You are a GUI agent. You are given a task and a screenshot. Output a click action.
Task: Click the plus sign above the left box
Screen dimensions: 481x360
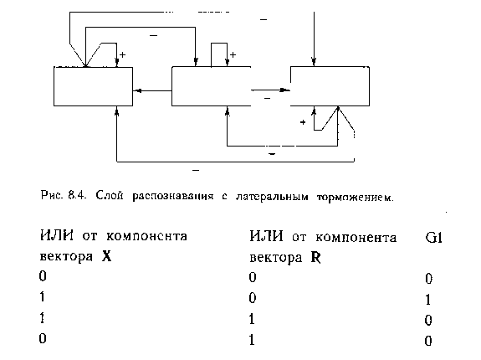tap(122, 55)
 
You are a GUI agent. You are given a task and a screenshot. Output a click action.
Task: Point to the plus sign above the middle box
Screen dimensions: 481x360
tap(233, 55)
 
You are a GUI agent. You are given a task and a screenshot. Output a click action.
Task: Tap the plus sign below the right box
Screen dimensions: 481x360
tap(303, 122)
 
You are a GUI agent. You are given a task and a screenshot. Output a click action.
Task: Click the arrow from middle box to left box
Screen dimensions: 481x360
tap(152, 91)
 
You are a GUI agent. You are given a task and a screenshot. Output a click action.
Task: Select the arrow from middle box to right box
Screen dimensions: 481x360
tap(270, 90)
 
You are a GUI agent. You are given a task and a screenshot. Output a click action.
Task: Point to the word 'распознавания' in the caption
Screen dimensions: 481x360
tap(172, 197)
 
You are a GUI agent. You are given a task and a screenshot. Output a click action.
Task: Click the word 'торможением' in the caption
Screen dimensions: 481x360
tap(355, 197)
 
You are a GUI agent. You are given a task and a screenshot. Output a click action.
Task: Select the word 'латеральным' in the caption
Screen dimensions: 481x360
tap(272, 197)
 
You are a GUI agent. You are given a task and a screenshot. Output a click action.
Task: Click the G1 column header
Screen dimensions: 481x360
tap(434, 238)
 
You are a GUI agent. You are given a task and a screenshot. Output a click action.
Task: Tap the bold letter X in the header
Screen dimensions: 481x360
tap(106, 256)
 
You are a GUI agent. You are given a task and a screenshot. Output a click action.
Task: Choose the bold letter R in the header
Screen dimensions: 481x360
tap(315, 258)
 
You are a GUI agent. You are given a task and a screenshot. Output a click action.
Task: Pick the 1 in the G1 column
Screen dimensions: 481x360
tap(428, 300)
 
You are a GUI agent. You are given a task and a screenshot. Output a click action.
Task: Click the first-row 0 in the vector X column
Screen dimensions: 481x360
tap(43, 276)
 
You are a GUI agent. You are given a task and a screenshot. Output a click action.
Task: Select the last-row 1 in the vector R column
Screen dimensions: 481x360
tap(252, 340)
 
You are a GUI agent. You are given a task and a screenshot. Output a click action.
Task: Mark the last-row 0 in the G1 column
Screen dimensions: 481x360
tap(428, 341)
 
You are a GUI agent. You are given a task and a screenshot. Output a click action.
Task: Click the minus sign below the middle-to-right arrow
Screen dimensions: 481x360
tap(267, 98)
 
